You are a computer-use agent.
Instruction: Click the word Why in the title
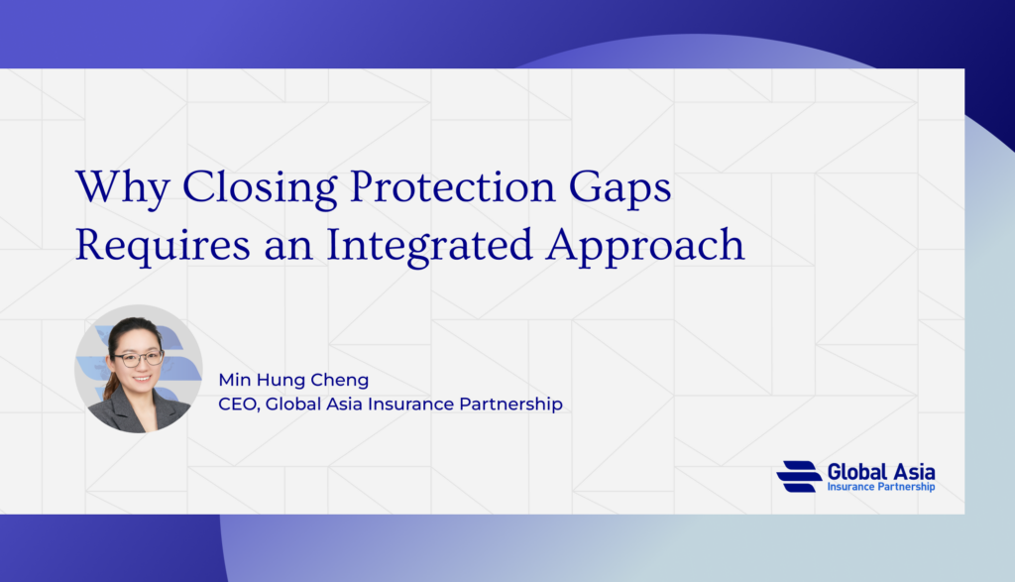pyautogui.click(x=122, y=187)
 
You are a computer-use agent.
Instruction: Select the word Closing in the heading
pyautogui.click(x=260, y=188)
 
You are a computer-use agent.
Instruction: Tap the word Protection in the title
pyautogui.click(x=452, y=186)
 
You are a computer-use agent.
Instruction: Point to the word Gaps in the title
pyautogui.click(x=620, y=188)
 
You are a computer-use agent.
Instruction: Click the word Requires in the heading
pyautogui.click(x=163, y=246)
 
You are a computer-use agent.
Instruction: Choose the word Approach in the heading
pyautogui.click(x=645, y=246)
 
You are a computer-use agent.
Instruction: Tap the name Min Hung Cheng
pyautogui.click(x=293, y=380)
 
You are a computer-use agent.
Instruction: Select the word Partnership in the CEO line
pyautogui.click(x=510, y=405)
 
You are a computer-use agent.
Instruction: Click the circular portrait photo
pyautogui.click(x=139, y=369)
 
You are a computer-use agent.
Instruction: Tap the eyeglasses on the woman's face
pyautogui.click(x=138, y=358)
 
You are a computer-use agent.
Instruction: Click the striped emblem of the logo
pyautogui.click(x=800, y=477)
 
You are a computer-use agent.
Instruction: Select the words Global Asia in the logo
pyautogui.click(x=881, y=472)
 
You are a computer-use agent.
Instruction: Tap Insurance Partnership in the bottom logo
pyautogui.click(x=881, y=487)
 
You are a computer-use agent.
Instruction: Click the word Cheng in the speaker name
pyautogui.click(x=340, y=380)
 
